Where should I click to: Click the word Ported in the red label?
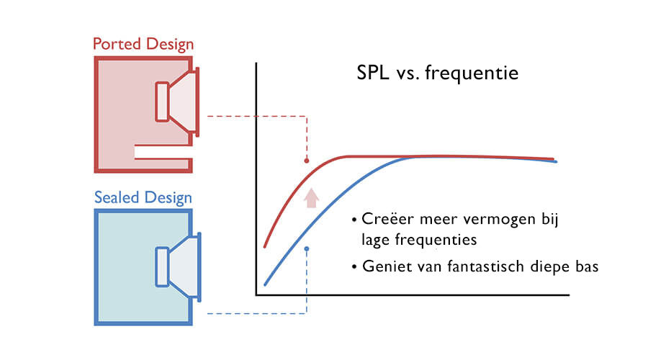click(116, 44)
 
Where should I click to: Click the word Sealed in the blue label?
click(117, 197)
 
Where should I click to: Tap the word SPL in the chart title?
click(374, 74)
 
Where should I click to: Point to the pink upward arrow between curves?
click(311, 197)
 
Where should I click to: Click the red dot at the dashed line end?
click(307, 161)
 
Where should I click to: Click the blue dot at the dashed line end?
click(307, 249)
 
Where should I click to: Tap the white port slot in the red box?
click(163, 151)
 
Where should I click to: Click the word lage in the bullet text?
click(373, 238)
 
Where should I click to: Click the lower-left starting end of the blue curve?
click(266, 284)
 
